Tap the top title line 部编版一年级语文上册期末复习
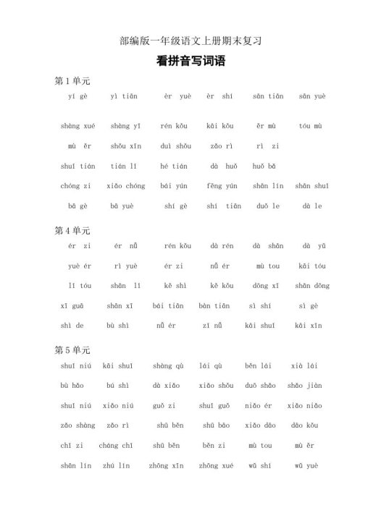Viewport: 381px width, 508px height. point(190,41)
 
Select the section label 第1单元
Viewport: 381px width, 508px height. point(72,80)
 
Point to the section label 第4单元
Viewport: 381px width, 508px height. point(72,231)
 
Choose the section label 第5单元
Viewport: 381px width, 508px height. point(72,350)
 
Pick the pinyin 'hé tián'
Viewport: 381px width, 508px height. point(174,166)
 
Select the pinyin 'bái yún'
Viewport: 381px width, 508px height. point(174,186)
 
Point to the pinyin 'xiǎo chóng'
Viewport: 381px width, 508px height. point(125,186)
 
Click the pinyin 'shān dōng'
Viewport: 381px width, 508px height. point(311,286)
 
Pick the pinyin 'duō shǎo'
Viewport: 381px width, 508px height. point(260,386)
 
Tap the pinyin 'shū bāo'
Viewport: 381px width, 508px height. point(216,426)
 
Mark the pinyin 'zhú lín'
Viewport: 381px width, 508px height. point(117,466)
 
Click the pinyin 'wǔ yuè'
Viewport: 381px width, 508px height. point(306,466)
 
